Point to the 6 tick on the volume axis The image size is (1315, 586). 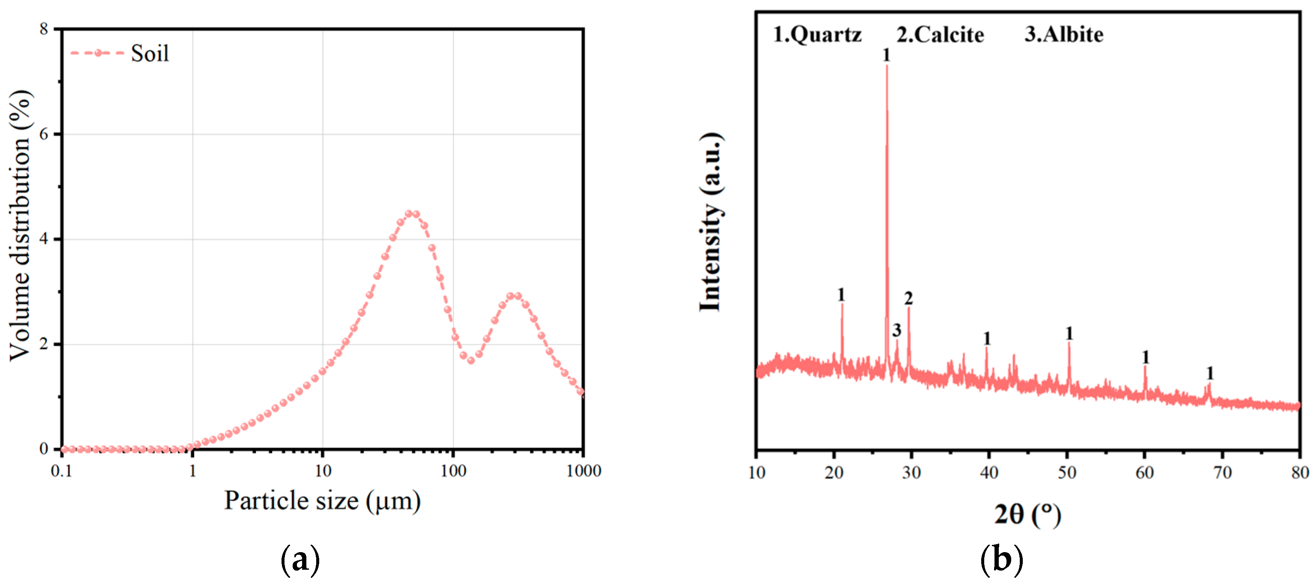[x=44, y=134]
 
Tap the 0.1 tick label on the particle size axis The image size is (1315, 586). [x=61, y=471]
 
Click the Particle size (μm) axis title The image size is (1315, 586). [x=322, y=501]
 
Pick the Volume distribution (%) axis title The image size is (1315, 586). [x=21, y=226]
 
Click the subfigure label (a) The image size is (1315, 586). [x=300, y=560]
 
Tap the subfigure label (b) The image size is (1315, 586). [x=1001, y=559]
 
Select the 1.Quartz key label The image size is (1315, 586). [x=817, y=35]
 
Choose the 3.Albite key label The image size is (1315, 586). [x=1064, y=35]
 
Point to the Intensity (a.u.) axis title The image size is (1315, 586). [x=710, y=221]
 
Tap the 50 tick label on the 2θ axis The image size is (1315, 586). [x=1067, y=472]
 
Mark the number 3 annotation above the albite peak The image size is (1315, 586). [x=896, y=330]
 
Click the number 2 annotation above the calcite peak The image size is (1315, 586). [x=908, y=298]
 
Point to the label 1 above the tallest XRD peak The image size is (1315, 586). [x=886, y=55]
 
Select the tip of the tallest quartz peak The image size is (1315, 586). [x=887, y=67]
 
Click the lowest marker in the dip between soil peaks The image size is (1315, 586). [x=470, y=360]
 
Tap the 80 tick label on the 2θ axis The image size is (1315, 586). [x=1300, y=472]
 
